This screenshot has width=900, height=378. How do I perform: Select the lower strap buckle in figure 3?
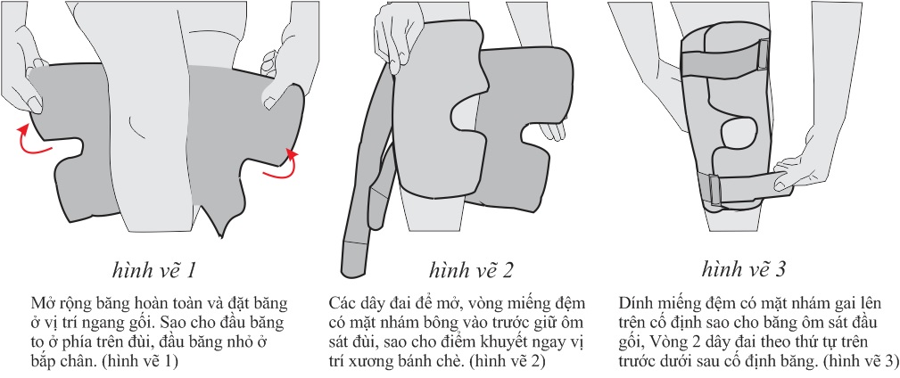tap(714, 192)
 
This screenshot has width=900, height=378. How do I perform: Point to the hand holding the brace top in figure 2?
tap(396, 36)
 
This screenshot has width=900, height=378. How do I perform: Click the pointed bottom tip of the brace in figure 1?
tap(222, 236)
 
